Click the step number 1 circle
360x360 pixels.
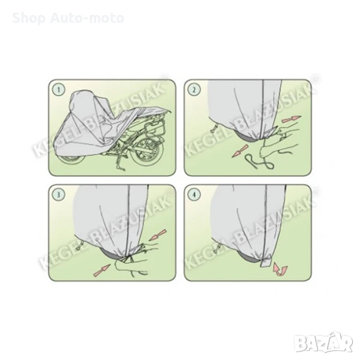(x=59, y=89)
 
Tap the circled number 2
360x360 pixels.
(x=194, y=89)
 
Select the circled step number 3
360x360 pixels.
(x=59, y=194)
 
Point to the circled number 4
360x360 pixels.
(x=194, y=194)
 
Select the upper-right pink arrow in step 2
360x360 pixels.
(x=291, y=119)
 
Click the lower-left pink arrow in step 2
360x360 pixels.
(x=240, y=151)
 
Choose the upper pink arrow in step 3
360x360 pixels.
(x=157, y=235)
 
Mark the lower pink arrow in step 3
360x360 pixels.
(x=103, y=271)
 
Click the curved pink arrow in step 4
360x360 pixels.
(x=280, y=269)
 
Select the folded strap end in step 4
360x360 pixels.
(x=266, y=261)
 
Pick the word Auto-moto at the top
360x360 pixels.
(x=87, y=19)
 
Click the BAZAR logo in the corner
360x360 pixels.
(x=323, y=342)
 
